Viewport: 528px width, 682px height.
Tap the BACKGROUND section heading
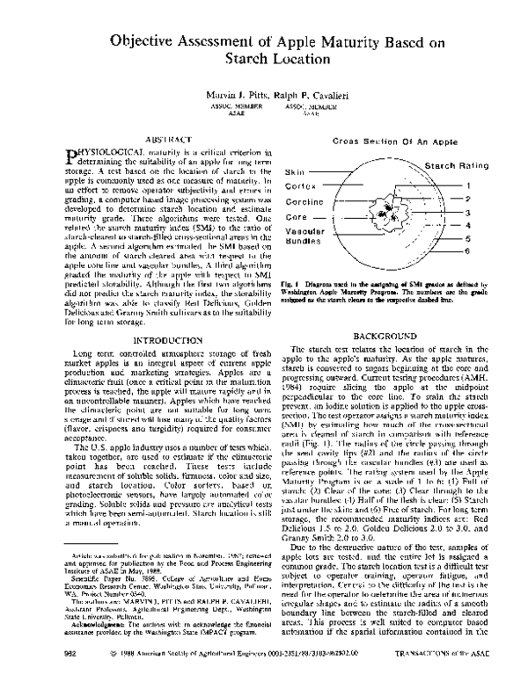point(384,337)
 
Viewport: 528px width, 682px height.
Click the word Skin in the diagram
point(294,173)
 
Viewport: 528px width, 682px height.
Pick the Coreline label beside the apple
point(304,202)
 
